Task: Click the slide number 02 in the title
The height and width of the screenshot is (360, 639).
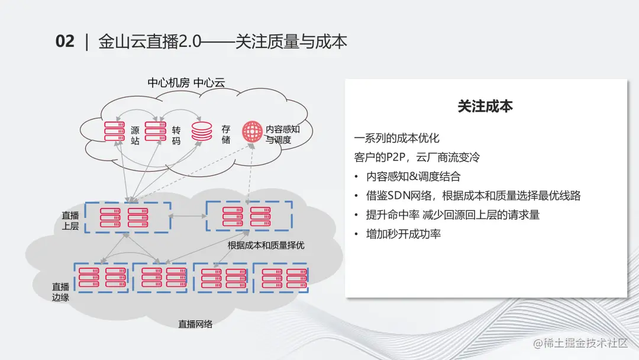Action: [x=64, y=41]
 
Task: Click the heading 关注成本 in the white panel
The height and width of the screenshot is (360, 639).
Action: [x=485, y=106]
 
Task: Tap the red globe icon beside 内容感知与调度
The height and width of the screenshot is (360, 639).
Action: [x=253, y=131]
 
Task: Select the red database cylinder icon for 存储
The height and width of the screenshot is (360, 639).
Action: [x=202, y=131]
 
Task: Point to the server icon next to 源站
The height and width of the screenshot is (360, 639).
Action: [x=114, y=131]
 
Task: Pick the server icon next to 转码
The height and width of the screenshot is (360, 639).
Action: [x=155, y=131]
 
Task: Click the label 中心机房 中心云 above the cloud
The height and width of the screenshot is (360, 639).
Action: [x=186, y=83]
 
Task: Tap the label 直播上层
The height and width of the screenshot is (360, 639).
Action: [x=70, y=221]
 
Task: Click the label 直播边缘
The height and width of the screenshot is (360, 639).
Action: [x=61, y=291]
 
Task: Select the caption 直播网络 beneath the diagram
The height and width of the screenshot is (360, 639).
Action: [x=196, y=324]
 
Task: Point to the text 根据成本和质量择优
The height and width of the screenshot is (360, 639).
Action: [x=266, y=245]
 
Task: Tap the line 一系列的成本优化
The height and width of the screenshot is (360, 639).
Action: [x=397, y=139]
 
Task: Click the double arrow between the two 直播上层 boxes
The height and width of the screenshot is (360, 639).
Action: [x=188, y=216]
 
